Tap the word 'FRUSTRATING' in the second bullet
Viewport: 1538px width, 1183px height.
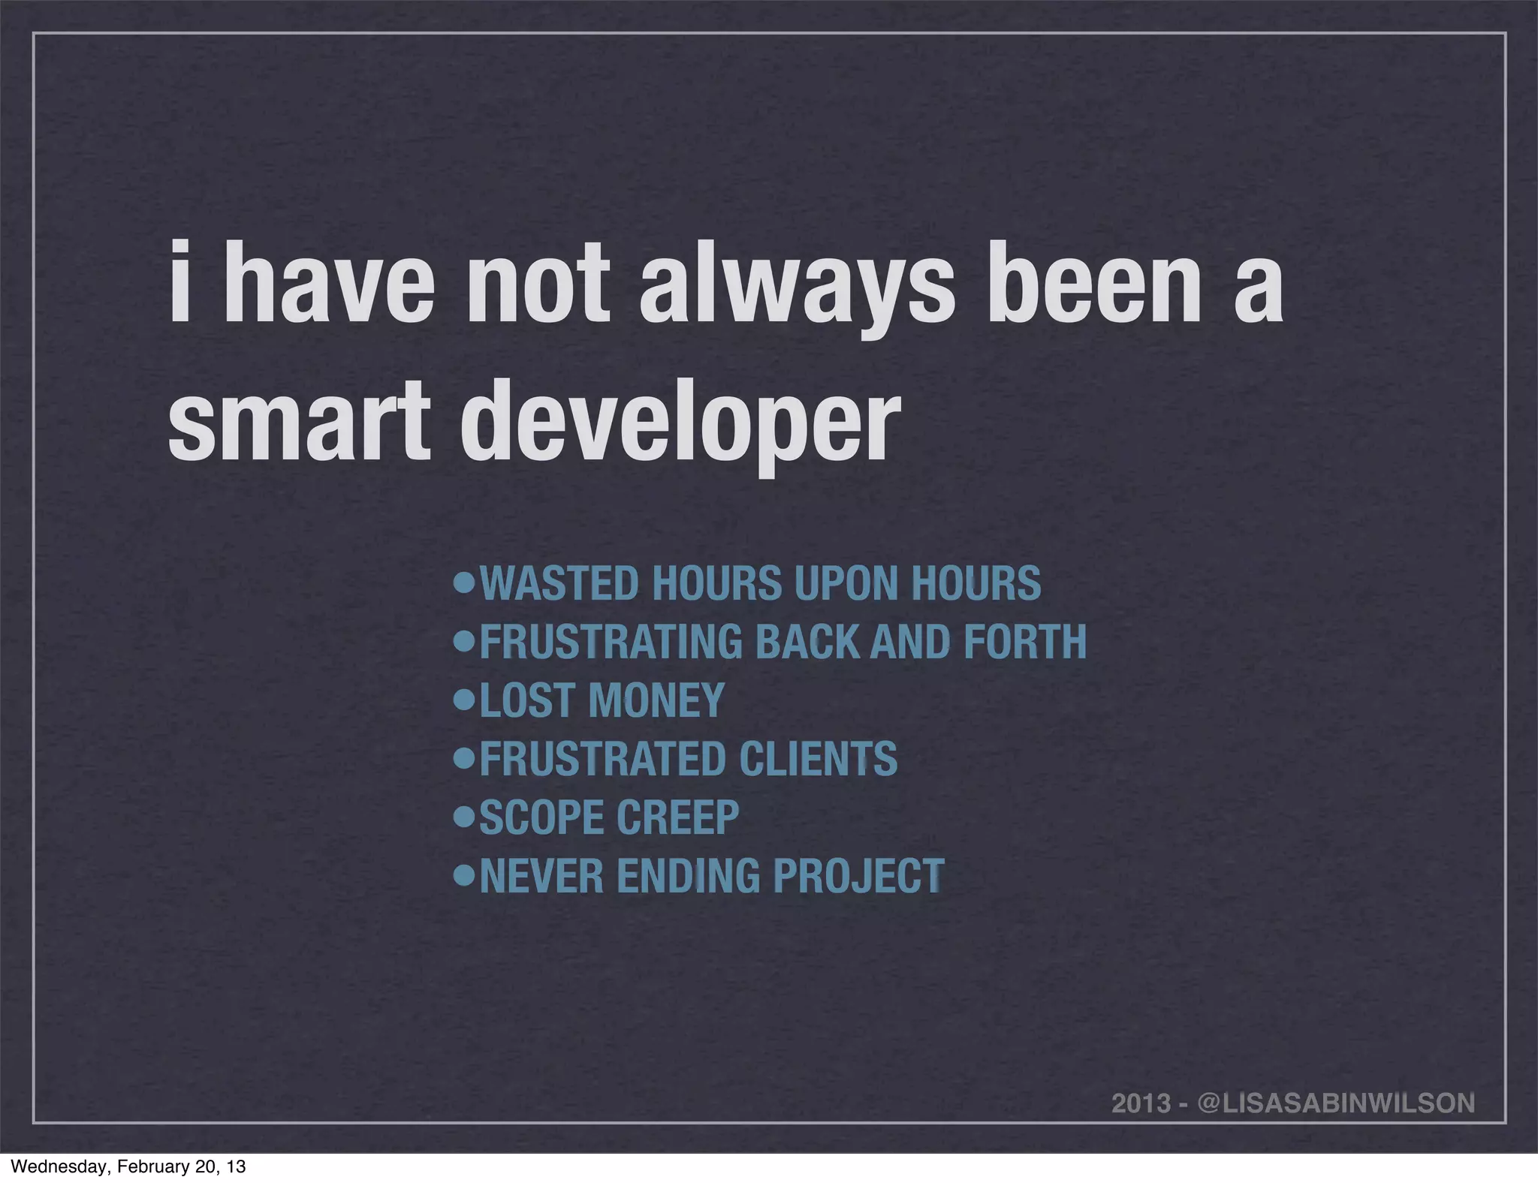pyautogui.click(x=610, y=642)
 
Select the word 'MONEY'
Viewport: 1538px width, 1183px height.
pyautogui.click(x=656, y=700)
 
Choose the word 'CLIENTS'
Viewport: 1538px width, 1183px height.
pyautogui.click(x=818, y=759)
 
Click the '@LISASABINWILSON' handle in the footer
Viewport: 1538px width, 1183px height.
pyautogui.click(x=1336, y=1082)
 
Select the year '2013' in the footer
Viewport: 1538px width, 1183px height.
pyautogui.click(x=1141, y=1082)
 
